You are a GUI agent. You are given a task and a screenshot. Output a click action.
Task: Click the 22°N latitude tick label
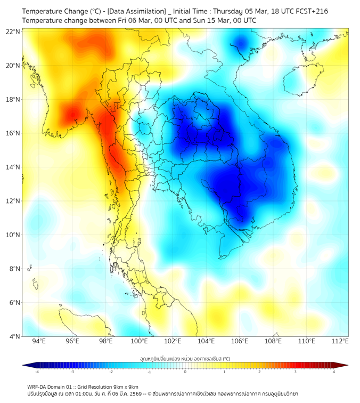pyautogui.click(x=14, y=32)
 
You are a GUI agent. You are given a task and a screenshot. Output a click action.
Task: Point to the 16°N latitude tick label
pyautogui.click(x=14, y=133)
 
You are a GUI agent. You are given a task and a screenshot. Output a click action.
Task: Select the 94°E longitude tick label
pyautogui.click(x=39, y=341)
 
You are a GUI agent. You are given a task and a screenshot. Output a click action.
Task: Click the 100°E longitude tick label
pyautogui.click(x=139, y=341)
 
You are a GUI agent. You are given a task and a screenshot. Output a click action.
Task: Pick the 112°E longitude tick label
pyautogui.click(x=340, y=341)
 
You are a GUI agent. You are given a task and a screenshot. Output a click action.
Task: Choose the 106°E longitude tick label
pyautogui.click(x=240, y=341)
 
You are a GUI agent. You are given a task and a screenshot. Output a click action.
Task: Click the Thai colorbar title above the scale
pyautogui.click(x=185, y=359)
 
